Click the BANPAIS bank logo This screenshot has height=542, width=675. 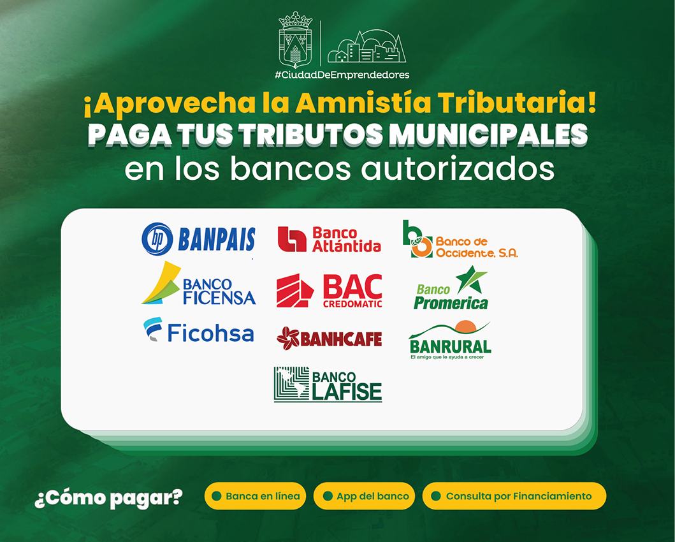pos(198,239)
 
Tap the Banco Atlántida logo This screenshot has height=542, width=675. pos(330,239)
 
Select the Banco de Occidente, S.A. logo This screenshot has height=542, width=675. pos(460,239)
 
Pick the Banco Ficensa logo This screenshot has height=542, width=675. pos(198,283)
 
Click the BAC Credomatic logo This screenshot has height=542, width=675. pos(330,291)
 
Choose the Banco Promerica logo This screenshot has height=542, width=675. pos(451,288)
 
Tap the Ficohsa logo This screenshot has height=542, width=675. pos(198,331)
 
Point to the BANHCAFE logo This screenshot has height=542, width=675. pos(330,338)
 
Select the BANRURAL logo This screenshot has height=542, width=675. pos(450,340)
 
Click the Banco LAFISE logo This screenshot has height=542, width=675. pos(328,385)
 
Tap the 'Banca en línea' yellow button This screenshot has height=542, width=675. pos(256,496)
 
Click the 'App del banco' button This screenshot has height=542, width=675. pos(364,496)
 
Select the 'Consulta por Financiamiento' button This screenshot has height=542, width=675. pos(514,496)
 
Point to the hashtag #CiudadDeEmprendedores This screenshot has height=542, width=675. pos(342,75)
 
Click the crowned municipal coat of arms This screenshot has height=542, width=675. pos(295,40)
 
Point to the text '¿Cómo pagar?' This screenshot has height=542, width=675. pos(108,498)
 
